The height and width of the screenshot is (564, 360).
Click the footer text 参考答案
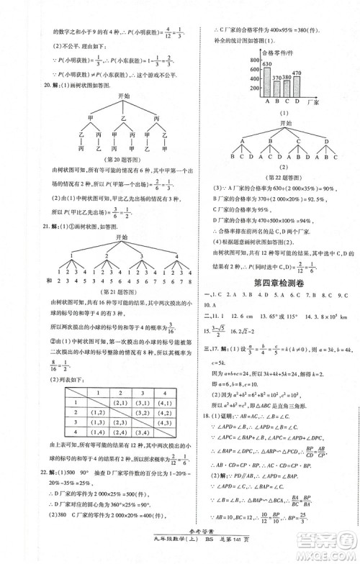pos(180,544)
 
